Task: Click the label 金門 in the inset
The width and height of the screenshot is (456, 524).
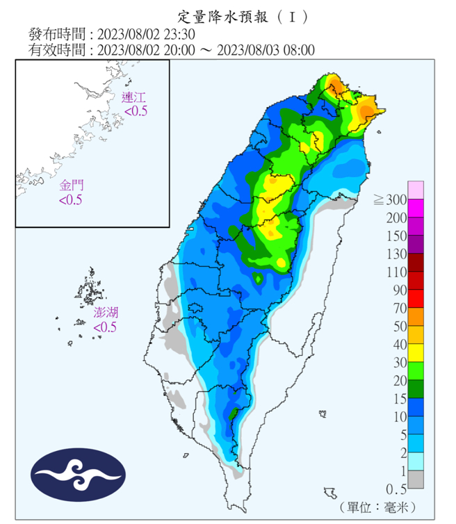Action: [x=71, y=186]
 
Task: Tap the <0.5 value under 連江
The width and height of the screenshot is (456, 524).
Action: [x=136, y=110]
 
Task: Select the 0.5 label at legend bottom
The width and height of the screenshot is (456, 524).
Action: [x=396, y=489]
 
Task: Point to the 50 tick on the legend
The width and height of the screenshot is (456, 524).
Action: [x=399, y=326]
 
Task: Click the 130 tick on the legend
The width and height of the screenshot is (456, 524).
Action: [x=396, y=254]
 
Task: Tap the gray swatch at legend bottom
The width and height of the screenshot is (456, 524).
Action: [x=416, y=480]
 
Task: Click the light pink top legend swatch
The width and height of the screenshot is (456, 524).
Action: [x=416, y=190]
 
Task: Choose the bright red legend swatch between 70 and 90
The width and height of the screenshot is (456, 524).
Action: [x=416, y=298]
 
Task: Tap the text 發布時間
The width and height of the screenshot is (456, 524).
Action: [x=57, y=33]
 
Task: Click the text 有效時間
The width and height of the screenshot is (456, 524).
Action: [x=57, y=50]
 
